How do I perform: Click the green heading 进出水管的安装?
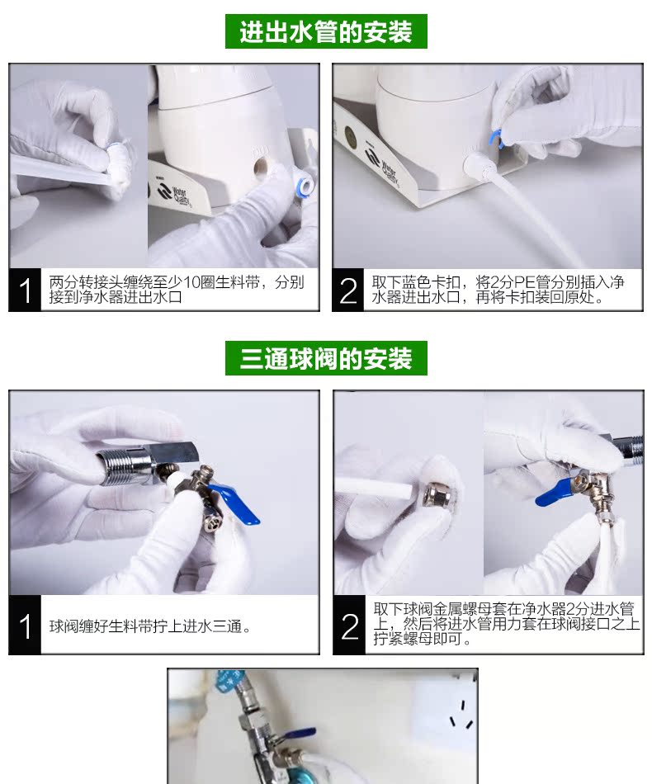pos(326,31)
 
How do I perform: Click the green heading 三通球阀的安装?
pos(326,358)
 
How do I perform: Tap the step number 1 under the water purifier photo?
pos(25,290)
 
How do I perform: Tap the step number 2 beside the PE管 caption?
pos(348,290)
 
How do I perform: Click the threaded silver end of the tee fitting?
pos(120,466)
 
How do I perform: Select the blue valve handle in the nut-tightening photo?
pos(555,492)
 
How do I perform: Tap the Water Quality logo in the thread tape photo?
pos(173,194)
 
